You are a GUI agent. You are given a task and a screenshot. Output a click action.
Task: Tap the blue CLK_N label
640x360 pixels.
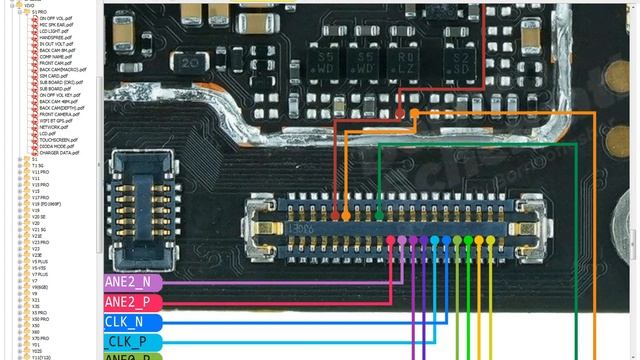[x=130, y=322]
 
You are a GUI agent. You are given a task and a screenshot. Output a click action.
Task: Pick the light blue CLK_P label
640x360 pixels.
[x=130, y=342]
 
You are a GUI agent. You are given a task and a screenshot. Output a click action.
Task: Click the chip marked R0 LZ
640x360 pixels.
[x=406, y=65]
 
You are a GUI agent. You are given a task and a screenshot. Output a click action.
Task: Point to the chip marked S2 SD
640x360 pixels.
[x=461, y=65]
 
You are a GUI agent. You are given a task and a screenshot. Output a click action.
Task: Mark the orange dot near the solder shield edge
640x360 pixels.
[x=412, y=113]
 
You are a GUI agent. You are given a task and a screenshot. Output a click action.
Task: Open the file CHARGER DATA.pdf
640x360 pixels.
[x=61, y=152]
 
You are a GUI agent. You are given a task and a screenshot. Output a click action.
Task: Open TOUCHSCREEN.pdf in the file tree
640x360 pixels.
[x=60, y=140]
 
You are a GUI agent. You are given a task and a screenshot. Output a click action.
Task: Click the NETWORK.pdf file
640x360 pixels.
[x=54, y=127]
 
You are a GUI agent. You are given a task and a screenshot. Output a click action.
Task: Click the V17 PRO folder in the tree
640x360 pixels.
[x=40, y=197]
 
